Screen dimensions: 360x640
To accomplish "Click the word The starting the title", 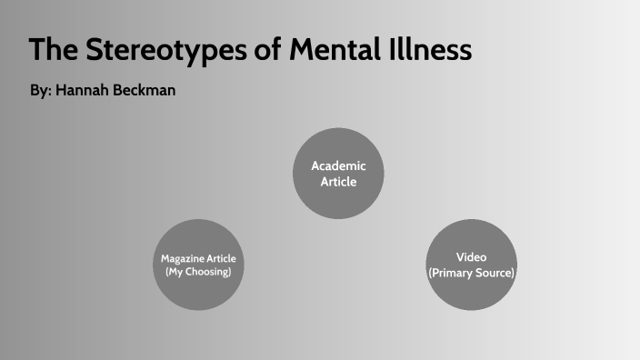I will click(53, 50).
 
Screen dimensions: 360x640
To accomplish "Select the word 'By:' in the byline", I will click(40, 92).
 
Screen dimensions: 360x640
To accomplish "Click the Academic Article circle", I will click(338, 173).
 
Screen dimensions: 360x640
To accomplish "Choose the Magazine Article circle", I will click(198, 265).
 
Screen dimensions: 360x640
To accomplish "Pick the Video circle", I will click(471, 265).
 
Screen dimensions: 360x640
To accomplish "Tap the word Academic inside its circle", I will click(338, 165).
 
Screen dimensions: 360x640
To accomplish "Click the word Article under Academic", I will click(338, 181).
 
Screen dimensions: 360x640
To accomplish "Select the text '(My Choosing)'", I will click(198, 272).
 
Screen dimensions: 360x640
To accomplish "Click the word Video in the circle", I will click(471, 257).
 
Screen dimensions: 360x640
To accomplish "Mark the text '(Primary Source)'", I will click(471, 273).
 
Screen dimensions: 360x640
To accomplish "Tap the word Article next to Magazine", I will click(222, 259).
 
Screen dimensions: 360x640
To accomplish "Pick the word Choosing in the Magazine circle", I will click(208, 272).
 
